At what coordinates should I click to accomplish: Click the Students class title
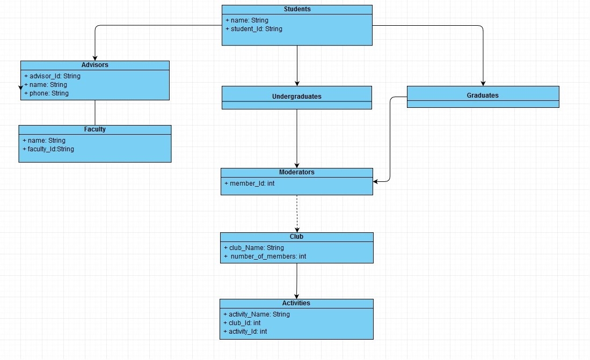tap(297, 9)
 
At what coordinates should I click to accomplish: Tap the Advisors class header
tap(95, 65)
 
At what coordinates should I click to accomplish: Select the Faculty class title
tap(95, 129)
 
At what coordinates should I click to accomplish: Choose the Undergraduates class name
tap(296, 97)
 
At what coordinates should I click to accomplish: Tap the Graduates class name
tap(483, 95)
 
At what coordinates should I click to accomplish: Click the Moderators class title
tap(296, 172)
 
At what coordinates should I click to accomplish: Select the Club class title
tap(296, 237)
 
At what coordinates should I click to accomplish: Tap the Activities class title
tap(296, 303)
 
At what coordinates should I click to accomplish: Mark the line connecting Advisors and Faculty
tap(95, 112)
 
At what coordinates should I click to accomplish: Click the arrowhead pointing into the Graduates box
tap(483, 83)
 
